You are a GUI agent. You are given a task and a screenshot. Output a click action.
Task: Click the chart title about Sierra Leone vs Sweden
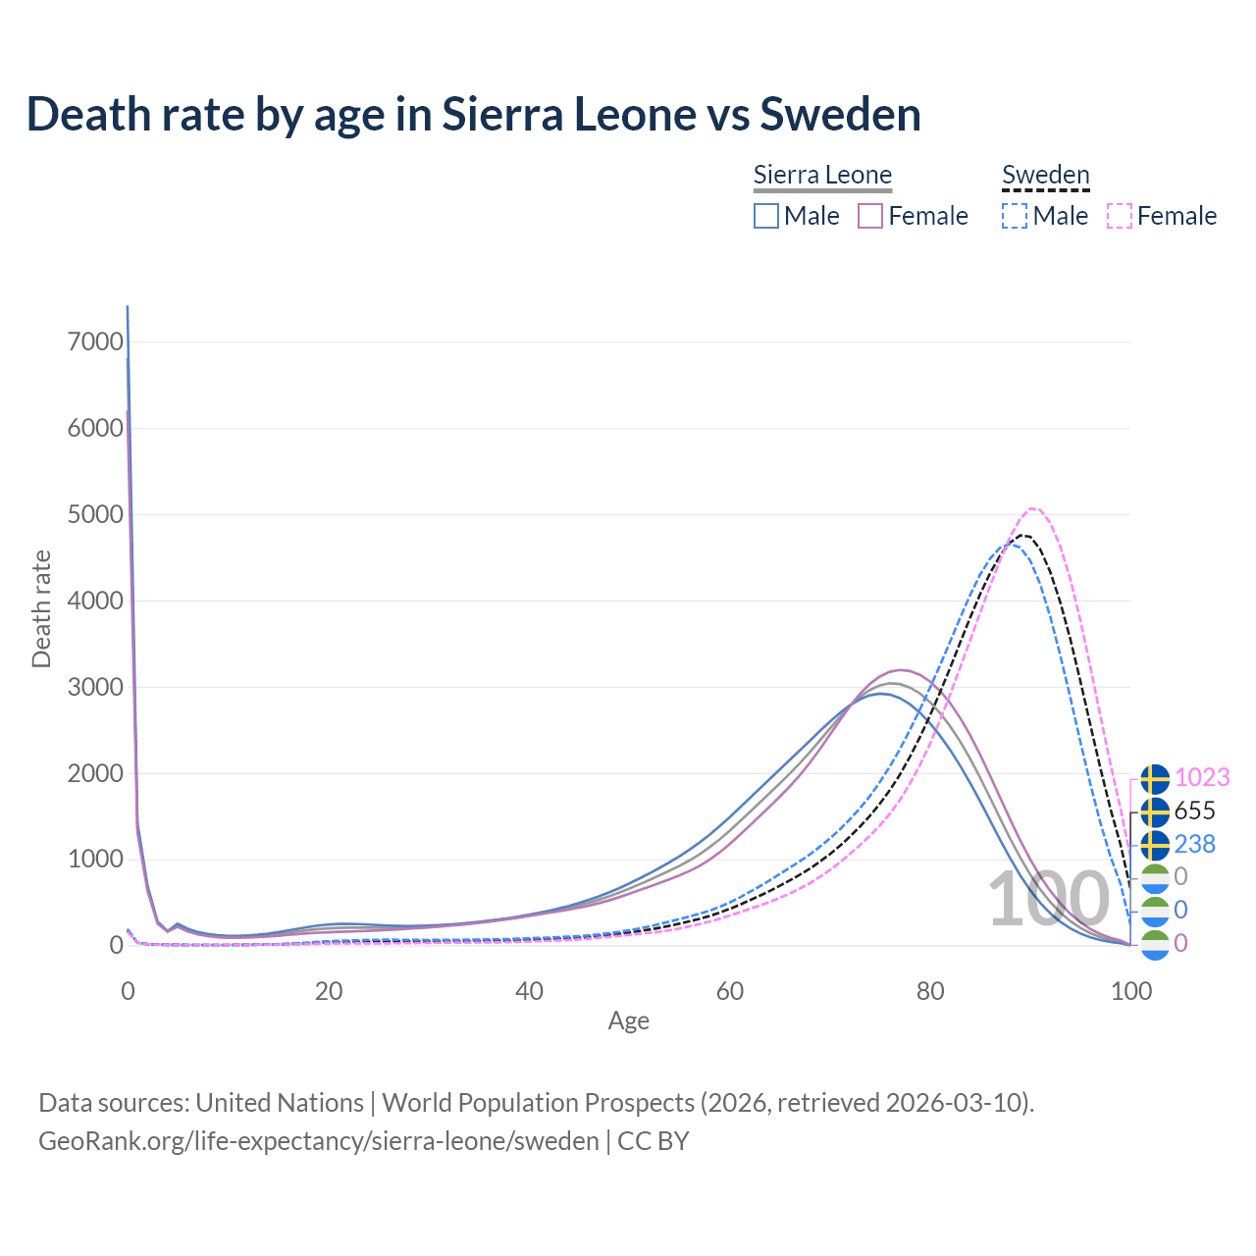click(x=473, y=114)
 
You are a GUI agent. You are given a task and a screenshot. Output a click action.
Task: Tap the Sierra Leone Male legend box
click(x=766, y=216)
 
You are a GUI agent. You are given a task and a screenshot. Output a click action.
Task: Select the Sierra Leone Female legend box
click(x=870, y=216)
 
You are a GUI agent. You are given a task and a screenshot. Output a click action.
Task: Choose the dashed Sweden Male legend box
click(x=1015, y=216)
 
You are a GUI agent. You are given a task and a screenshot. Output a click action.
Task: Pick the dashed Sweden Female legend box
click(x=1120, y=216)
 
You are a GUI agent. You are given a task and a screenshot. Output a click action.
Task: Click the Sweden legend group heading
click(x=1045, y=176)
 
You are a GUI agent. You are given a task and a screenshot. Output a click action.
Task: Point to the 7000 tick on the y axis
click(x=96, y=341)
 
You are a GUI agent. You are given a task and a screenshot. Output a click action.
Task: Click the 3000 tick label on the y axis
click(x=96, y=687)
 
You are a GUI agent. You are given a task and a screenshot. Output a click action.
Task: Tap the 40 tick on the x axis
click(x=529, y=991)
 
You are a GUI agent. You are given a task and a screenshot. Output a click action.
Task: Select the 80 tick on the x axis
click(x=930, y=991)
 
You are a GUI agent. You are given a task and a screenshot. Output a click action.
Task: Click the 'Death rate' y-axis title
click(x=41, y=609)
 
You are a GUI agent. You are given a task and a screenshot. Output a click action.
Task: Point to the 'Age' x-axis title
click(x=628, y=1021)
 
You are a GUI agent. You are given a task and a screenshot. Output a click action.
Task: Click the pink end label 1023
click(x=1201, y=777)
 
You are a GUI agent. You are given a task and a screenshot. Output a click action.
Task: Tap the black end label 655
click(x=1194, y=811)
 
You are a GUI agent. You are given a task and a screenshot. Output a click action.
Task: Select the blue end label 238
click(x=1194, y=844)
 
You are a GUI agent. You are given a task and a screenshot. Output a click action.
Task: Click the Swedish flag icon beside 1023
click(x=1155, y=779)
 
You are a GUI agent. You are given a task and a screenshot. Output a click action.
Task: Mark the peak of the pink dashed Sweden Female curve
click(x=1032, y=508)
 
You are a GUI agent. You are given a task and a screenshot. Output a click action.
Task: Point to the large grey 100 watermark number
click(x=1048, y=900)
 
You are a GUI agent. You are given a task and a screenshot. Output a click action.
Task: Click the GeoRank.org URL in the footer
click(x=319, y=1141)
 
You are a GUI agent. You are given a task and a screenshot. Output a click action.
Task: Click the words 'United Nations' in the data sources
click(x=280, y=1103)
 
